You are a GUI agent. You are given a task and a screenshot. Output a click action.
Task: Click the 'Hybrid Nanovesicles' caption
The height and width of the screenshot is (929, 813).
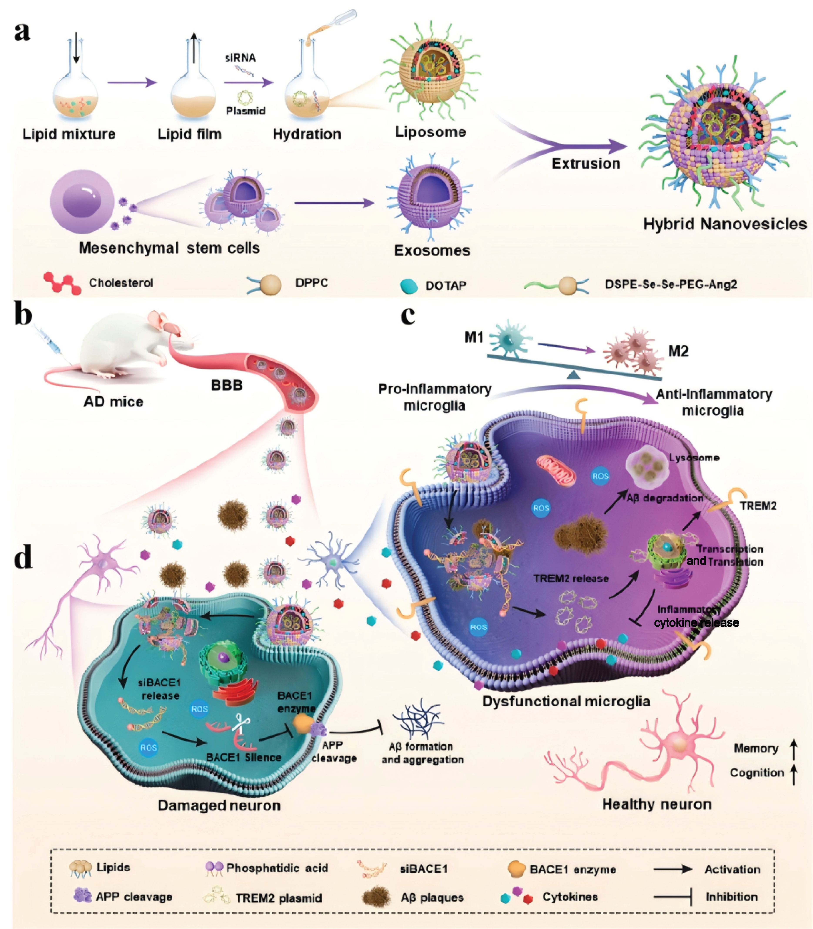724,224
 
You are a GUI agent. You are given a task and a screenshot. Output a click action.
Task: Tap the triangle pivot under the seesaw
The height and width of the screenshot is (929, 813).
574,374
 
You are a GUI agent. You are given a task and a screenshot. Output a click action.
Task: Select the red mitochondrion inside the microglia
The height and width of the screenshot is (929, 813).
556,469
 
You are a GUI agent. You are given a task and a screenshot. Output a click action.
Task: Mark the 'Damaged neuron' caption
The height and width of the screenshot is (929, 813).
219,806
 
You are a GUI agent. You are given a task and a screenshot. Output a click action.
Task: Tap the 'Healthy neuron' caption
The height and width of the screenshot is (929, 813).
656,804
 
